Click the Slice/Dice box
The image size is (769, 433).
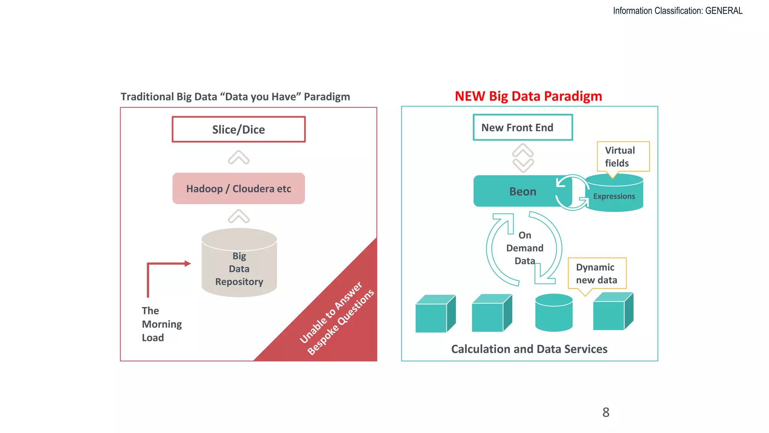click(x=238, y=129)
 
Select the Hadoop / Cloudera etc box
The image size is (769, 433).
click(x=238, y=188)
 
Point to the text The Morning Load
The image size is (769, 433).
click(x=161, y=324)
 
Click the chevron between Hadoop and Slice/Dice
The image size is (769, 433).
click(x=238, y=157)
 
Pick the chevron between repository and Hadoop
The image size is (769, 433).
click(x=238, y=216)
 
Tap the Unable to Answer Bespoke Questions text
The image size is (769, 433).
click(x=336, y=318)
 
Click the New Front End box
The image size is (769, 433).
click(x=523, y=127)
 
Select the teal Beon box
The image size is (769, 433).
click(x=518, y=191)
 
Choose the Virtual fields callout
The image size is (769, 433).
click(x=623, y=156)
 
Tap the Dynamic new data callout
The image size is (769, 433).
click(x=597, y=273)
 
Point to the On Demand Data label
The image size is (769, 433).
click(x=525, y=248)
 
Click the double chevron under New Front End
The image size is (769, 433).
click(x=523, y=158)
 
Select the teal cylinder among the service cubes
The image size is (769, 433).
click(x=553, y=313)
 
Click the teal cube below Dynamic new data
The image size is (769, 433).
click(x=612, y=312)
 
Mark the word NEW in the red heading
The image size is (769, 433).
click(x=470, y=96)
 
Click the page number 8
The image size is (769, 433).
click(x=606, y=412)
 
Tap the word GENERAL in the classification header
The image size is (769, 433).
click(x=724, y=11)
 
